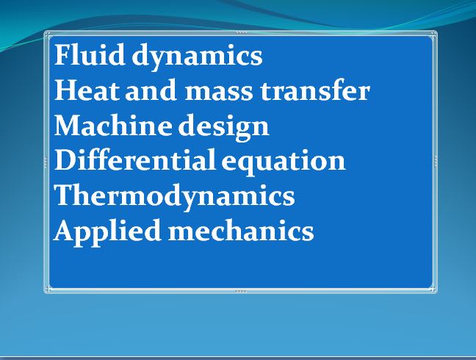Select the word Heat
coord(85,91)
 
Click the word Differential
coord(136,161)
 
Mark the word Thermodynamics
coord(174,197)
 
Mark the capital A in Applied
coord(65,231)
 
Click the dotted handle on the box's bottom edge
coord(240,292)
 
